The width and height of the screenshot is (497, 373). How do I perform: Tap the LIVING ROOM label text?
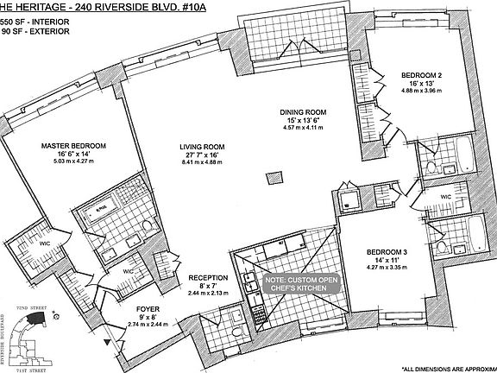coord(203,147)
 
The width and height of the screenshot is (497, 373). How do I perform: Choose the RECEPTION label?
coord(208,277)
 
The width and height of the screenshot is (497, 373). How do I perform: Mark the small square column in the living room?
coord(274,179)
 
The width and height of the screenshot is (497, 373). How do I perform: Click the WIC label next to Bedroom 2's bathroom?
coord(446,197)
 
